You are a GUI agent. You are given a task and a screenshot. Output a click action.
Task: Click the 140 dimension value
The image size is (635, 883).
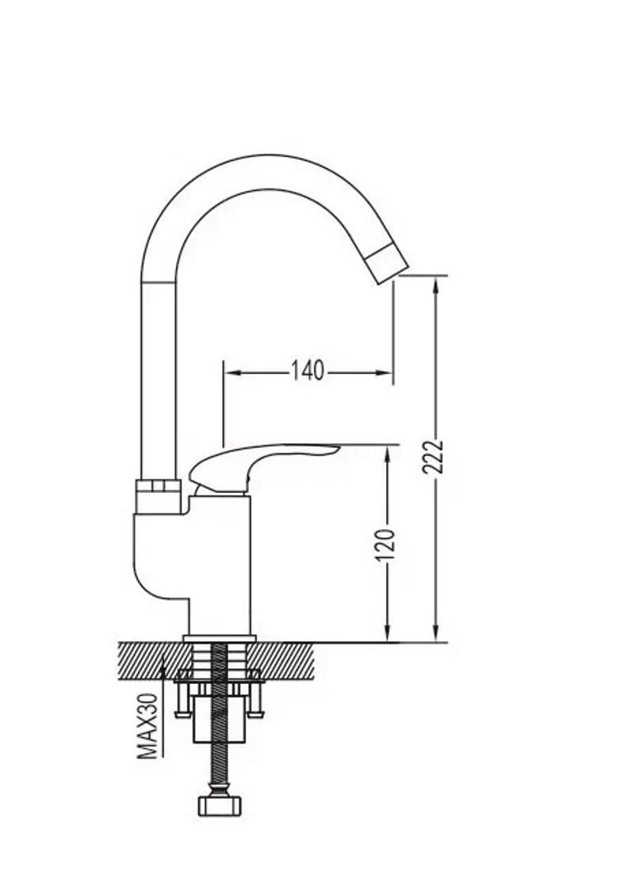(x=308, y=370)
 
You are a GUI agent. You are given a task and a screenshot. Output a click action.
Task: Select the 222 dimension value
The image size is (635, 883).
(x=433, y=458)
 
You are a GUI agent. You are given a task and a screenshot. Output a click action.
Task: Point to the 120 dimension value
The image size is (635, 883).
(x=385, y=545)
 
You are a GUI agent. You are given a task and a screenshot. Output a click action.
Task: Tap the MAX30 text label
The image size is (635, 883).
(x=147, y=726)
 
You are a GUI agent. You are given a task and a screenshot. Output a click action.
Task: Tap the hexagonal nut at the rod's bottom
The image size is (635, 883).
(x=220, y=805)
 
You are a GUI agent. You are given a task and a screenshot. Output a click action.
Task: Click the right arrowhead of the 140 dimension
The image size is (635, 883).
(x=384, y=373)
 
